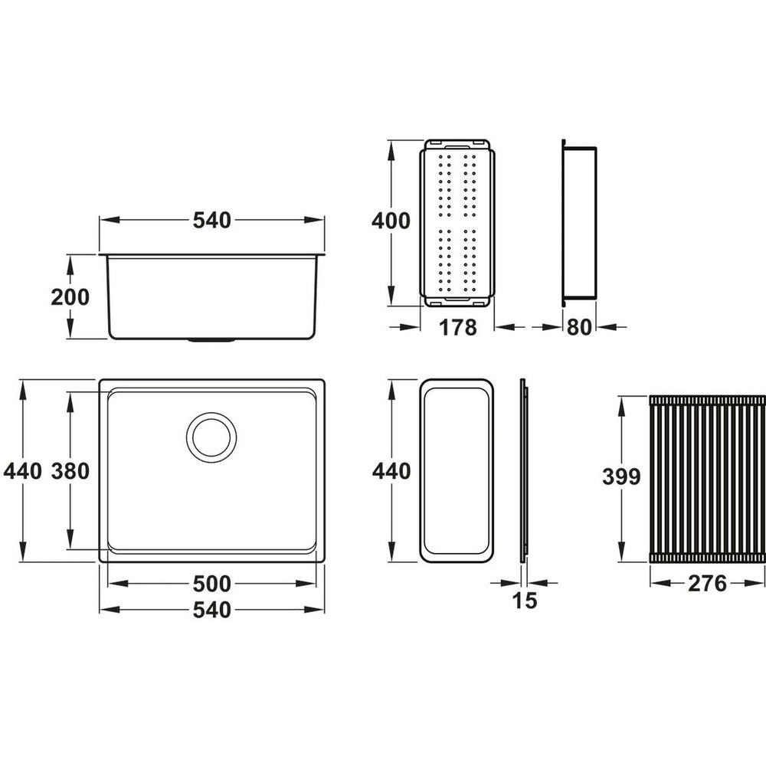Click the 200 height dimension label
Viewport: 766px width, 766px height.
[x=70, y=297]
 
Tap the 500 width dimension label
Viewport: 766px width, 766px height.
[x=211, y=584]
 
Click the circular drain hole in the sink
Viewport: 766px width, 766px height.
[x=211, y=437]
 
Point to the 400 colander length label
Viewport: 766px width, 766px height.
[x=390, y=222]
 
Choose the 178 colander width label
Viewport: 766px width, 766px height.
[x=458, y=328]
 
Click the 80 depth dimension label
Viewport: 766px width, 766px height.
[x=580, y=328]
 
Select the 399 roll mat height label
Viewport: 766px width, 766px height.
[x=620, y=476]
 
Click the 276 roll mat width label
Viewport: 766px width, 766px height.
[x=706, y=584]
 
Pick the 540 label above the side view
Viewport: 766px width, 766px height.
[x=211, y=221]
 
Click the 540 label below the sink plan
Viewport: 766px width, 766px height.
[x=211, y=611]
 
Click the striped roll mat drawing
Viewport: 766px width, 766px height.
[x=706, y=479]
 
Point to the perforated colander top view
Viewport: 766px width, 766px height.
[x=458, y=222]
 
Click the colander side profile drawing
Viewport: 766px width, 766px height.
[x=580, y=222]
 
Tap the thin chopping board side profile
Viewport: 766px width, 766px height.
[x=524, y=471]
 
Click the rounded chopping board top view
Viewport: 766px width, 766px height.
[x=457, y=471]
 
